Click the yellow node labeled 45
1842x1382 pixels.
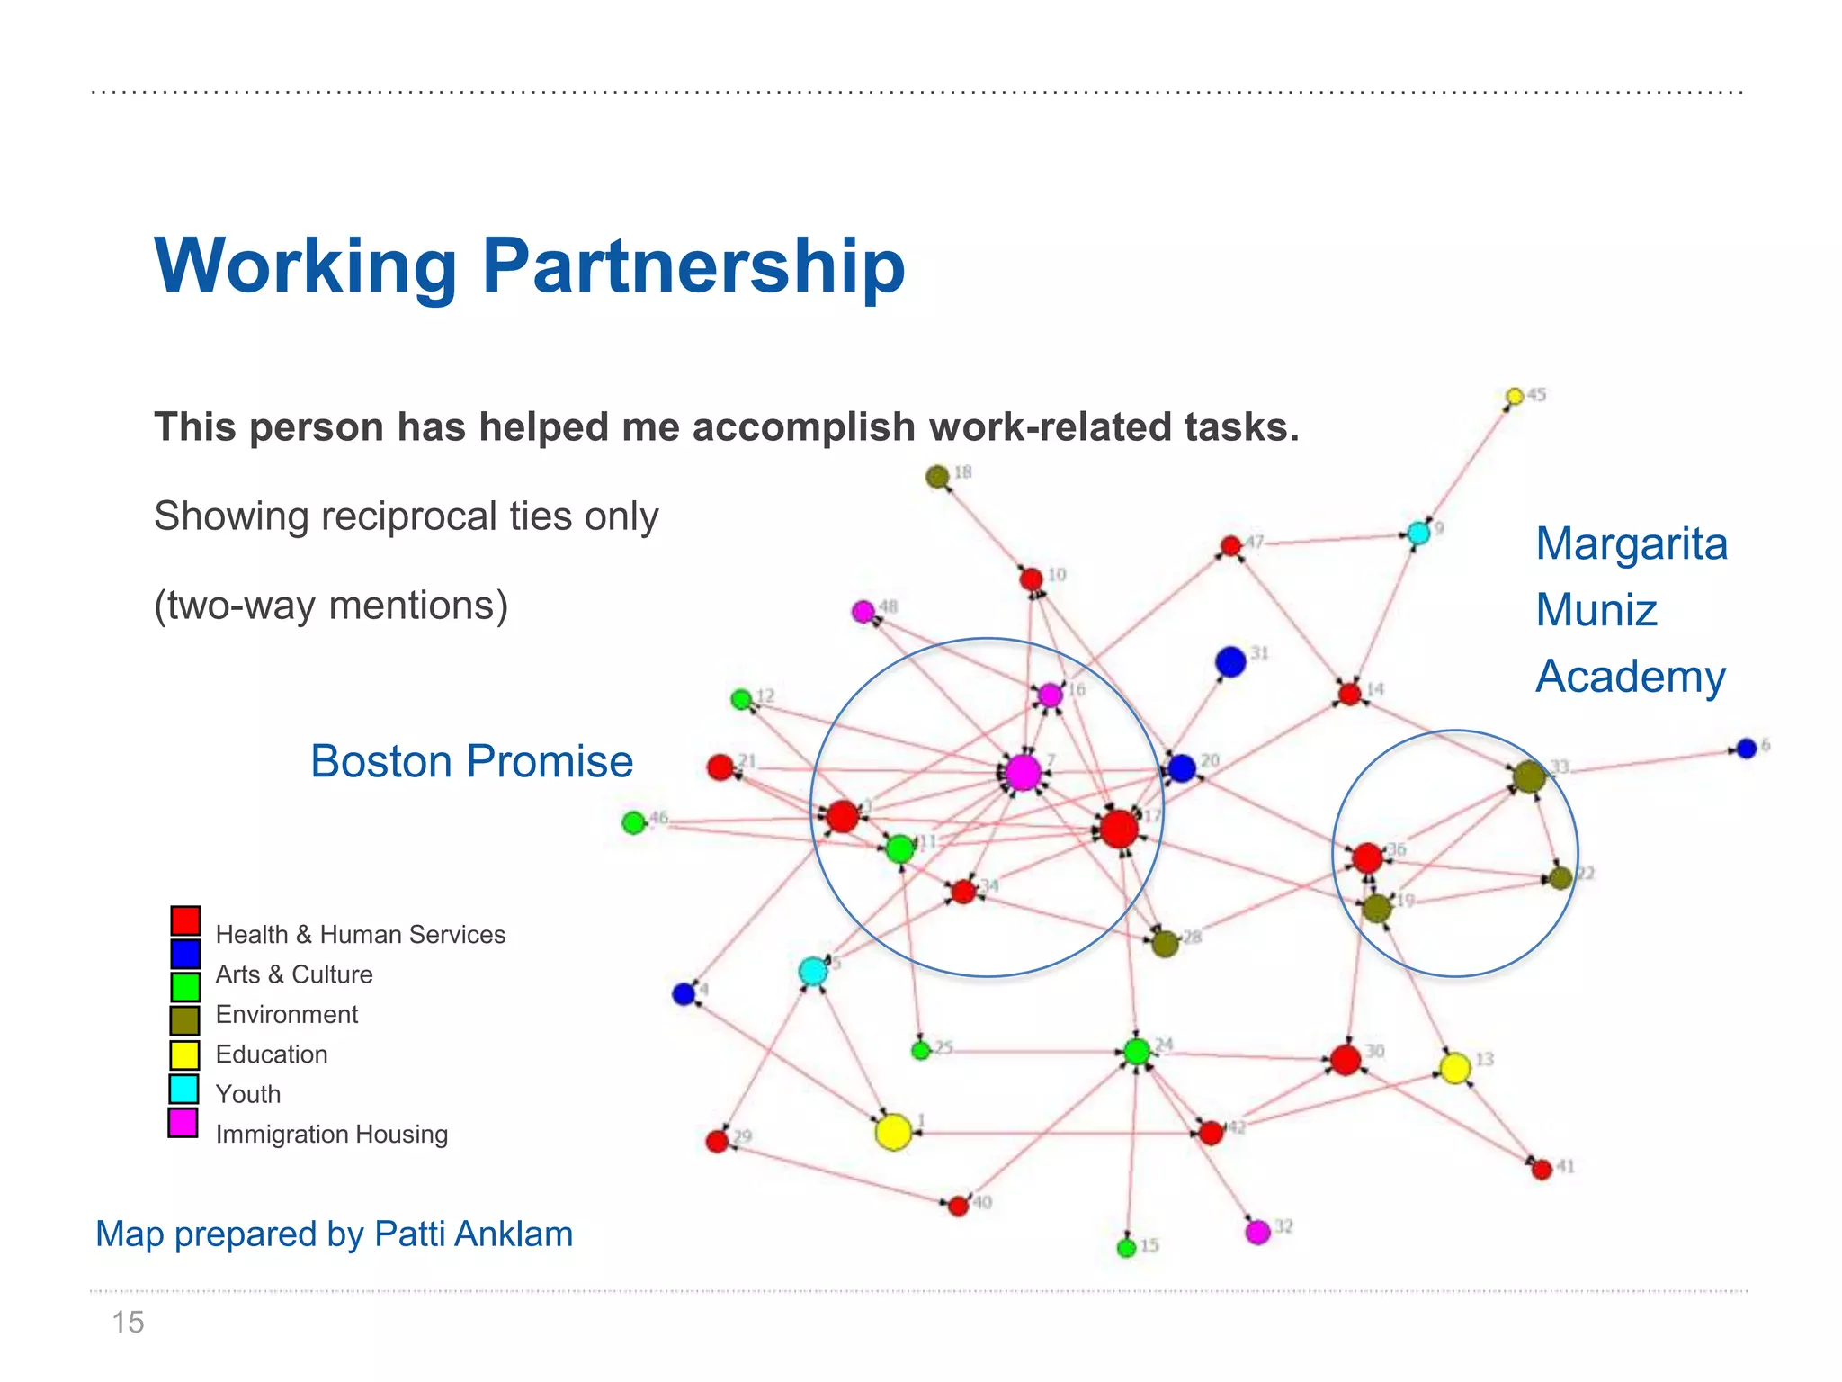pos(1515,397)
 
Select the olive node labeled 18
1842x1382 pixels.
pos(937,477)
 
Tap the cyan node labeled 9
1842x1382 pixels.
pos(1418,534)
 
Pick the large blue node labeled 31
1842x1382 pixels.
pos(1230,662)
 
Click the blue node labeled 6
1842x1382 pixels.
pos(1747,749)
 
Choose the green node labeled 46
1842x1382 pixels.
pos(634,822)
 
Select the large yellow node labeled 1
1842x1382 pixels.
pos(893,1132)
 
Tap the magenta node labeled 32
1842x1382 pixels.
pos(1257,1232)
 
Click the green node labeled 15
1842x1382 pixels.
pos(1126,1248)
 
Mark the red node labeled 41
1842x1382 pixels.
pos(1542,1170)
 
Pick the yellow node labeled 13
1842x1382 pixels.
pos(1455,1068)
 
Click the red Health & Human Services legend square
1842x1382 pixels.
pos(185,920)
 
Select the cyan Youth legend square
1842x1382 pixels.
pos(184,1090)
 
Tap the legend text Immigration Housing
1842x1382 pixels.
pos(331,1135)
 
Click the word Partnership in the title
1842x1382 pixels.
pos(693,266)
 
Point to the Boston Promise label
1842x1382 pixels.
pos(471,761)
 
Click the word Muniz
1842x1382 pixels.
pos(1596,610)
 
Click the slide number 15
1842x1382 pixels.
pos(128,1323)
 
